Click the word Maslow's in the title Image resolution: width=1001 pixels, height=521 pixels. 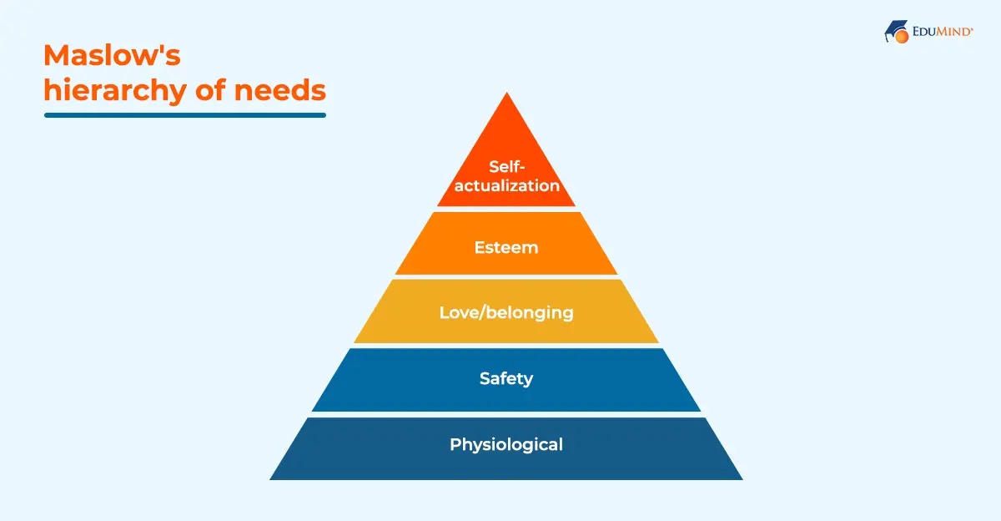click(112, 56)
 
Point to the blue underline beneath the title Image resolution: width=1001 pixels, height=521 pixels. click(184, 114)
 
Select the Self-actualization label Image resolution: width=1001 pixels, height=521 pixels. click(506, 176)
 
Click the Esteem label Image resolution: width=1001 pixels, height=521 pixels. click(506, 247)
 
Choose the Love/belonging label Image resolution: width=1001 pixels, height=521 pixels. click(506, 312)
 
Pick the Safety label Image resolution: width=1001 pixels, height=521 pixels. click(506, 378)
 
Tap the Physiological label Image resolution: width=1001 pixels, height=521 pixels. click(506, 444)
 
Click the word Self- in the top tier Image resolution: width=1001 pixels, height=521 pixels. click(506, 167)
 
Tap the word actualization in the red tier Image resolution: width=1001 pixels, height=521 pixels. click(506, 185)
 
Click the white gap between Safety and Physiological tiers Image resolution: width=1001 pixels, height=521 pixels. click(506, 414)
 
